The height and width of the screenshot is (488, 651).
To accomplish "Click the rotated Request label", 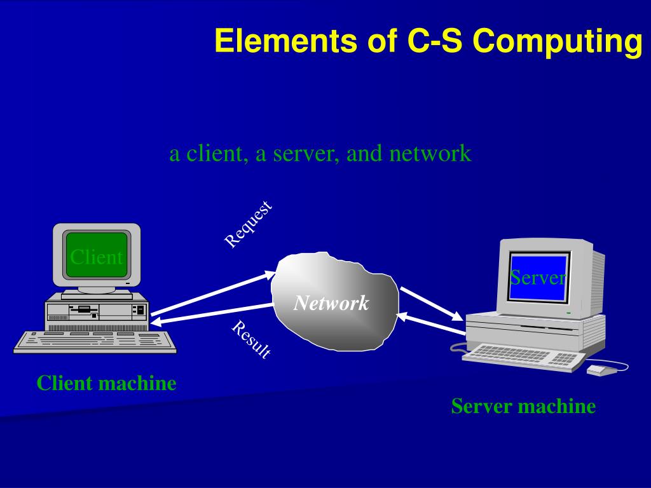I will [249, 224].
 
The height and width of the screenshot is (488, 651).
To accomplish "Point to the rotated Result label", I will [251, 339].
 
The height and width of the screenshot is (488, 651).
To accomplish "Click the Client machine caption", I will [106, 383].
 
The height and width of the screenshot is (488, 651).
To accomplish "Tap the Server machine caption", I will [523, 406].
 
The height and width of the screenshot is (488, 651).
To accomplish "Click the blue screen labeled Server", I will [538, 278].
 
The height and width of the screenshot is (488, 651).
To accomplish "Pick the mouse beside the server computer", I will [601, 369].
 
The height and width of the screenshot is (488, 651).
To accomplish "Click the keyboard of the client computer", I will [95, 341].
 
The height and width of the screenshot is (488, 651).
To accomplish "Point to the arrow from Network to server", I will [430, 303].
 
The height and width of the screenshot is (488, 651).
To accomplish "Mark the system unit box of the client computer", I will [97, 311].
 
